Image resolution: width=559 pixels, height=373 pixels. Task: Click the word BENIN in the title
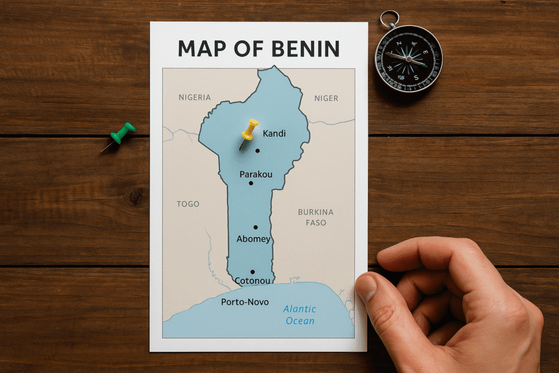298,49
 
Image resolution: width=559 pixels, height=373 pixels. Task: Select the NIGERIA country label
194,98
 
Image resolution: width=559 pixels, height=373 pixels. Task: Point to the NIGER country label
326,98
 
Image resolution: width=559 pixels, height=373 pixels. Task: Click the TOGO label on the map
188,204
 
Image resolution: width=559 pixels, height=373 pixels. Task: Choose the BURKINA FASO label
316,217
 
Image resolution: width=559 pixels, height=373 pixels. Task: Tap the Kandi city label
274,134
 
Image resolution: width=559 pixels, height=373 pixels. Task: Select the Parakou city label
255,174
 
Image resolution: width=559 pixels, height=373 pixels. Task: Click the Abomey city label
253,239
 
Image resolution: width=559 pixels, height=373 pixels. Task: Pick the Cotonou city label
252,281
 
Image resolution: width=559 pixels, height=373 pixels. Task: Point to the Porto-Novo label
245,301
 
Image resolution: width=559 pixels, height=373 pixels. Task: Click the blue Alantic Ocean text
300,315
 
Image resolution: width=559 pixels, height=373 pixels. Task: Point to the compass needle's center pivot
408,58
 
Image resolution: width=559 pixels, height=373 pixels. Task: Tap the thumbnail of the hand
366,288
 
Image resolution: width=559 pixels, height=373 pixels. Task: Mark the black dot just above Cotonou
252,271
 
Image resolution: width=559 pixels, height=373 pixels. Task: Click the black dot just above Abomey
255,227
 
